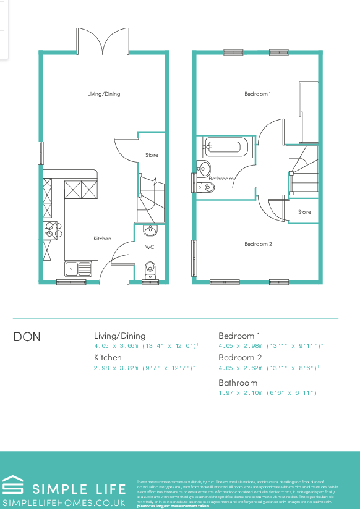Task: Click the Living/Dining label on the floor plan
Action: point(103,94)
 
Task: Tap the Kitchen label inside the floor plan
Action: point(102,239)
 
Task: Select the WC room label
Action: point(150,247)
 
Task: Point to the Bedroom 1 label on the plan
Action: point(257,94)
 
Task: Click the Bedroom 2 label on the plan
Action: point(257,244)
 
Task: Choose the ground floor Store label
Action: point(152,155)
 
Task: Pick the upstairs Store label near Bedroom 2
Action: point(304,212)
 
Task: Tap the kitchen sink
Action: point(79,269)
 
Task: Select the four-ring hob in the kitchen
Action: point(50,229)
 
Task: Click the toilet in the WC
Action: point(150,269)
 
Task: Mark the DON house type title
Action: point(27,337)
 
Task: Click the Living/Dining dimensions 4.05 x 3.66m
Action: point(145,346)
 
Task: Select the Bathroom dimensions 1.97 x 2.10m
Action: point(267,392)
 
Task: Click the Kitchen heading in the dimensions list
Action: point(108,357)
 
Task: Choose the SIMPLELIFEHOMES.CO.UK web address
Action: point(63,503)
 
